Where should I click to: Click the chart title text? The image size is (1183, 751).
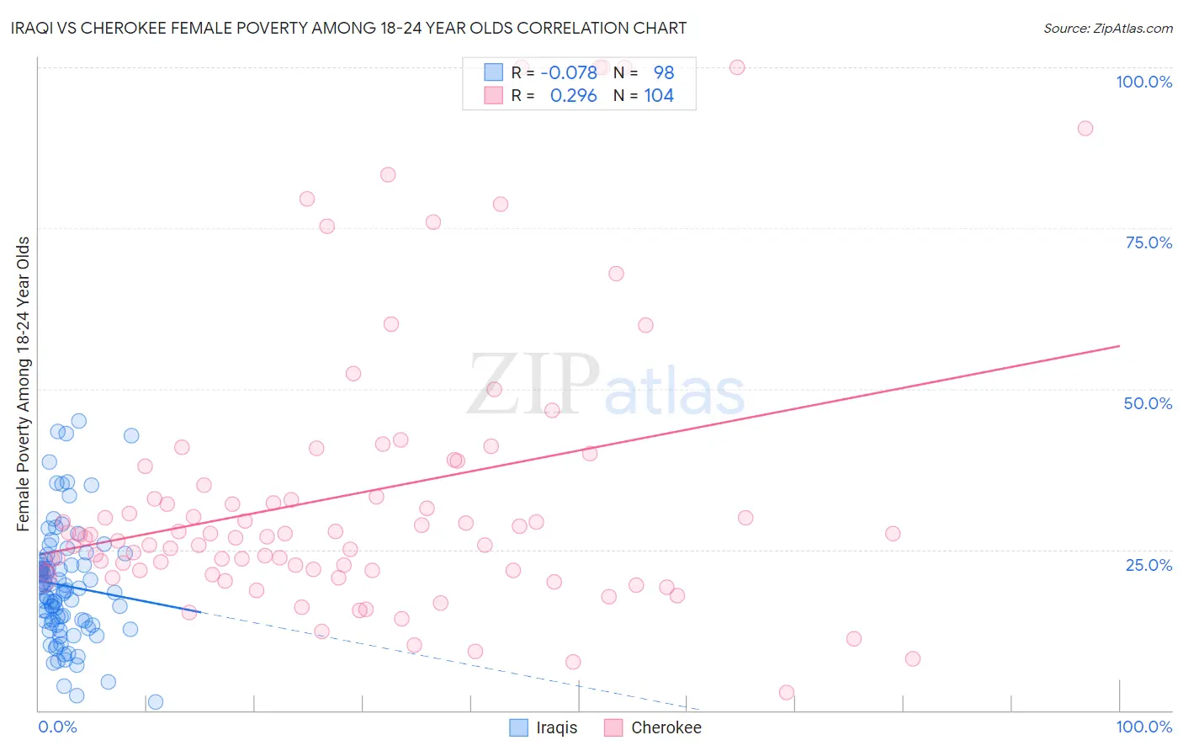348,28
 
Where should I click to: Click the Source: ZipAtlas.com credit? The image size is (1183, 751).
1107,28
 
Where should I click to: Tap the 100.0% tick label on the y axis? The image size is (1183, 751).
1143,82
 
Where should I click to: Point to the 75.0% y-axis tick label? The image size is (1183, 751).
1149,242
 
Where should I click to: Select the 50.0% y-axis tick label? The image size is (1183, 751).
1148,403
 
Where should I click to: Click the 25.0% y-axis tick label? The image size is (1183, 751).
1149,565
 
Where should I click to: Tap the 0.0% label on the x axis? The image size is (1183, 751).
57,727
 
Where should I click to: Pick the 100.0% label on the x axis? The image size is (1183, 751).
1143,727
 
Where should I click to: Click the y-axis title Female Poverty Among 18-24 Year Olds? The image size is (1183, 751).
24,384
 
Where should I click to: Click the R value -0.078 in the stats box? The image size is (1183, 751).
569,73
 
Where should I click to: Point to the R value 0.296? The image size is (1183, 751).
573,96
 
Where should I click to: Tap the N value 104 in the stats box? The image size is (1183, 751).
659,96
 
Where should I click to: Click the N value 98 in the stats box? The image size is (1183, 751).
664,73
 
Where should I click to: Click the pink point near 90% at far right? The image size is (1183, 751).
1085,128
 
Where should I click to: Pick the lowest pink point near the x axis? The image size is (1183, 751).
787,692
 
